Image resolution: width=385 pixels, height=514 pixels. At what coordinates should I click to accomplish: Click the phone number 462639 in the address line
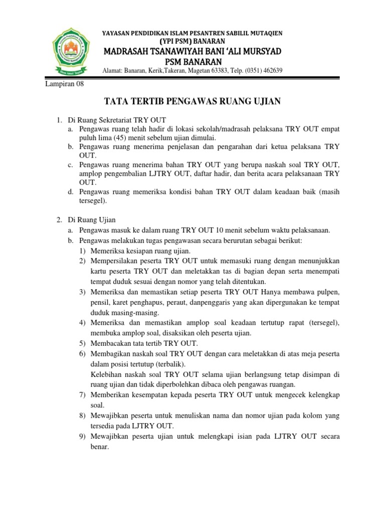271,71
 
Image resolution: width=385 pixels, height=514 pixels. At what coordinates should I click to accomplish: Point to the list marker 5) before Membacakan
83,343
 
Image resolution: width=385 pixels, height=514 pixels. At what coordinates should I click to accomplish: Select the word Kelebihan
107,375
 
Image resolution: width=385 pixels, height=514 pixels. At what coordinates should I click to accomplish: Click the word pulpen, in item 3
326,292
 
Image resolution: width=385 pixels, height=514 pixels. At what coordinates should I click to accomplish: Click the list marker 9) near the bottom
83,437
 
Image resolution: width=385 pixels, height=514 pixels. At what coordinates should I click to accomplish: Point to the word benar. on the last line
100,446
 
